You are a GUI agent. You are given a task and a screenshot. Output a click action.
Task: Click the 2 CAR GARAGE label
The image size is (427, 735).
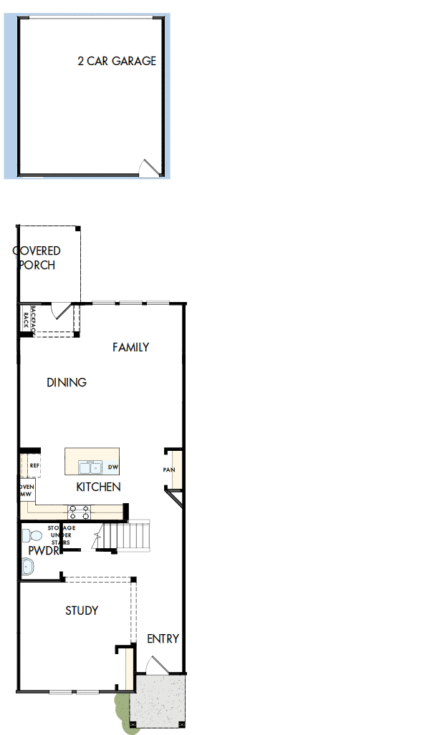tap(117, 62)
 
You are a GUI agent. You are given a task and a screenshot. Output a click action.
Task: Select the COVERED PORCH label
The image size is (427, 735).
tap(37, 258)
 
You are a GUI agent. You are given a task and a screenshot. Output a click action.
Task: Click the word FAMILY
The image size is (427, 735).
tap(131, 347)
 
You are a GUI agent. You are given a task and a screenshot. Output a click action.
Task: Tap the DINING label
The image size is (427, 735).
tap(67, 382)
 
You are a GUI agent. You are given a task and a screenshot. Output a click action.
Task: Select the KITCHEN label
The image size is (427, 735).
tap(98, 487)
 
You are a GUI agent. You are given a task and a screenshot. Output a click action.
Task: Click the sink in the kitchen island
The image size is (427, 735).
tap(90, 468)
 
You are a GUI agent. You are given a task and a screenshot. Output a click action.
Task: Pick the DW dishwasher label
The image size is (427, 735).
tap(112, 468)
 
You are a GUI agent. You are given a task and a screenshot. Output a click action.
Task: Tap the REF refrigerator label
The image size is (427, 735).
tap(34, 465)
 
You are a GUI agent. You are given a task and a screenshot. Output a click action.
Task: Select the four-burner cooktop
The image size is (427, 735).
tap(78, 512)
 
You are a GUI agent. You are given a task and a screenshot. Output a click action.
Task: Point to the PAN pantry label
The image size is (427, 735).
tap(169, 470)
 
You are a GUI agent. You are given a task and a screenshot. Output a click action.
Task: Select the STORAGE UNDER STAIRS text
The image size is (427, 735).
tap(61, 535)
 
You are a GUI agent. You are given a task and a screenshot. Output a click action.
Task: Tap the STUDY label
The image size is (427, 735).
tap(82, 610)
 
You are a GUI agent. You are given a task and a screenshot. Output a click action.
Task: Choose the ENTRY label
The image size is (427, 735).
tap(163, 638)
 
